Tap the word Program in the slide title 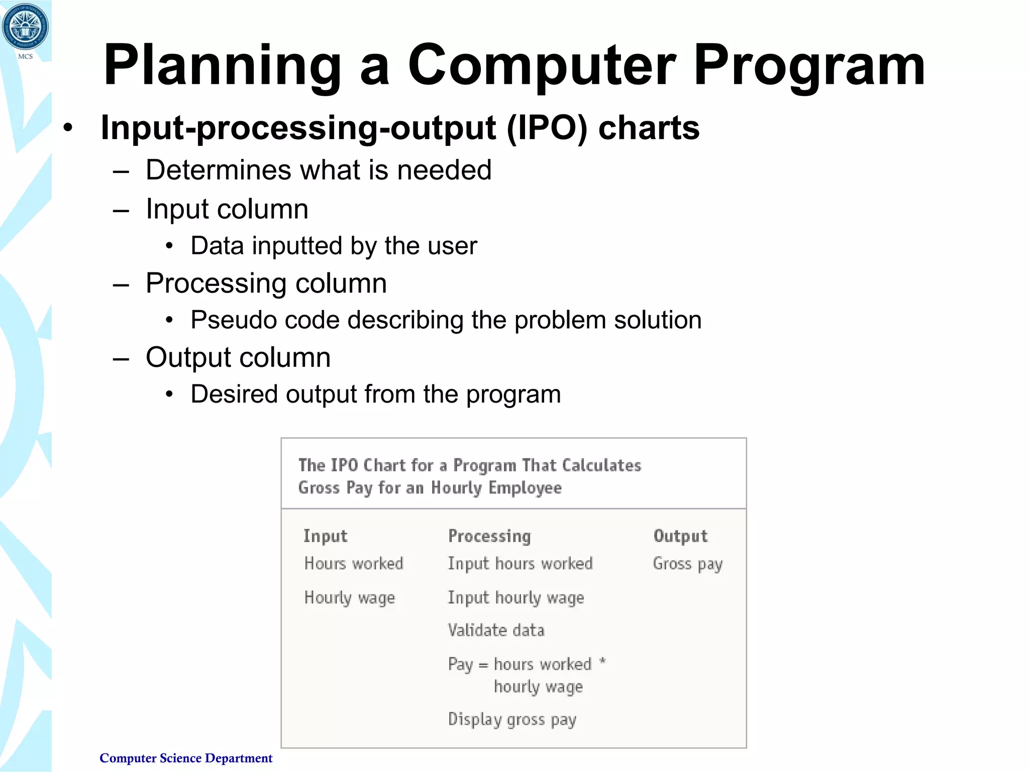(x=809, y=66)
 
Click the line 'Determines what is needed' (x=318, y=170)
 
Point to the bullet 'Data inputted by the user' (x=334, y=246)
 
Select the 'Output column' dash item (x=238, y=358)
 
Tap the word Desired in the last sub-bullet (x=234, y=394)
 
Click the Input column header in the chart (x=325, y=536)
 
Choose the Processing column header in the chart (x=489, y=536)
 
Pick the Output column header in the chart (x=680, y=536)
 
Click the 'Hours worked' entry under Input (x=354, y=563)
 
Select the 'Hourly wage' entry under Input (x=350, y=598)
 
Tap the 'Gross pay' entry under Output (x=687, y=564)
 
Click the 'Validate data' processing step (x=496, y=630)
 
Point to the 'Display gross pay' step (x=512, y=720)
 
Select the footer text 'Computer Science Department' (x=186, y=758)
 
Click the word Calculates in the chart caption (x=601, y=465)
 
